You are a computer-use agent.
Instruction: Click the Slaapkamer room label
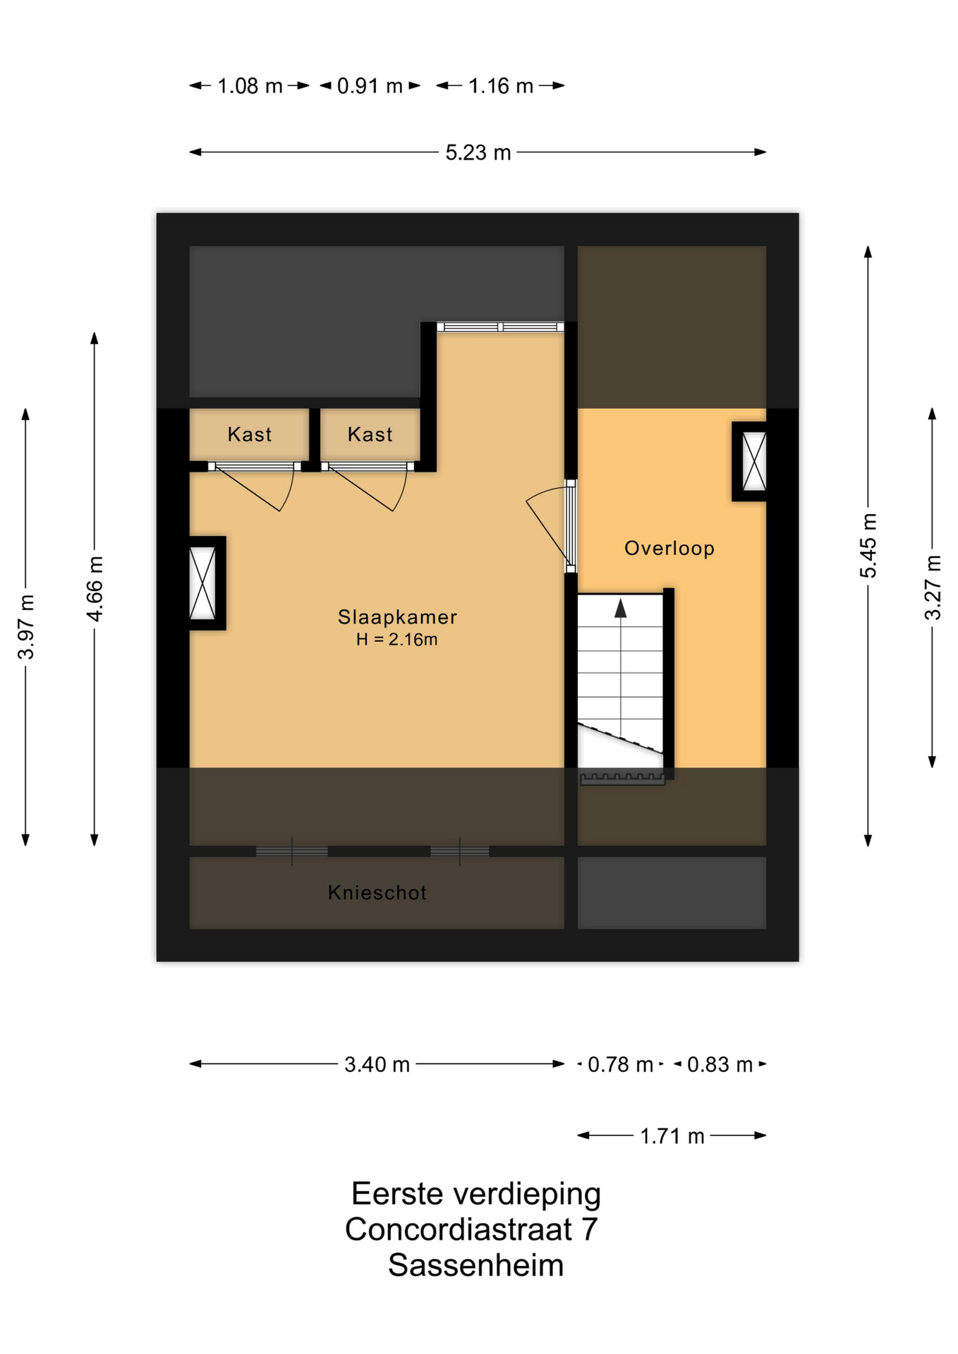(x=397, y=617)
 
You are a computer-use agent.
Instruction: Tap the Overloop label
(x=669, y=548)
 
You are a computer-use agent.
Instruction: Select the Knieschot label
(x=377, y=893)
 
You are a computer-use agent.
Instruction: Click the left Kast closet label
(x=250, y=434)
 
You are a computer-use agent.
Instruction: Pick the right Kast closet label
(x=370, y=434)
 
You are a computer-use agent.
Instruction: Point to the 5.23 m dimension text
(x=478, y=152)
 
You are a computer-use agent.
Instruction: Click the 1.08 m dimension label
(x=250, y=86)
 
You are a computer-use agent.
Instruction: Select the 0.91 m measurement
(x=370, y=86)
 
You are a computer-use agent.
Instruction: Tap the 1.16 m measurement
(x=501, y=86)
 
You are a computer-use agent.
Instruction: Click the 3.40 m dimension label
(x=377, y=1064)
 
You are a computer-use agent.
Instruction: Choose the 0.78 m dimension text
(x=620, y=1064)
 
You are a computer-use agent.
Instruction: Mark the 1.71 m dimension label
(x=672, y=1136)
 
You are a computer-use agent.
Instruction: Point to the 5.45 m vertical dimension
(x=868, y=546)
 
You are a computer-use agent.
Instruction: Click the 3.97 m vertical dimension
(x=26, y=627)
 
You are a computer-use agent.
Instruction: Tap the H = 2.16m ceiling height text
(x=397, y=640)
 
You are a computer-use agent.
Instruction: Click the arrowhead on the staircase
(x=621, y=609)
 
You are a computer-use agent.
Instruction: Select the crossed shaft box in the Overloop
(x=754, y=461)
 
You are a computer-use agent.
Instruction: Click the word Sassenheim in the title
(x=476, y=1265)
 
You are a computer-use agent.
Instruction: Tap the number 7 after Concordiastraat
(x=589, y=1229)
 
